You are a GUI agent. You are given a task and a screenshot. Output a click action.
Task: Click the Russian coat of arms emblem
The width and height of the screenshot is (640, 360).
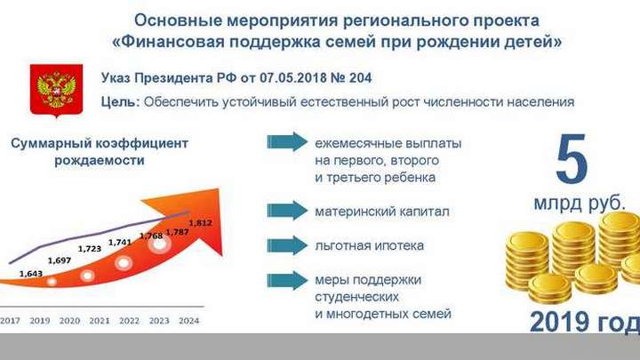[56, 91]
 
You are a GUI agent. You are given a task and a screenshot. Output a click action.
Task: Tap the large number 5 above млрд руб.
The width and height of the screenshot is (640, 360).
[572, 158]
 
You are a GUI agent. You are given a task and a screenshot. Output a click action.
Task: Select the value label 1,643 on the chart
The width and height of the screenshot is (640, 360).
[31, 274]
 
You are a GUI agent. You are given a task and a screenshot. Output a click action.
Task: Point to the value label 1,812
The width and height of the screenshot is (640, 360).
[200, 223]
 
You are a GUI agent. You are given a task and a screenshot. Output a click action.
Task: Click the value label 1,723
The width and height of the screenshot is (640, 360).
[90, 249]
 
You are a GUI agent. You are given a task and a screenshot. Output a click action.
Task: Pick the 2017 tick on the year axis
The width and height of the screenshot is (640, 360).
[10, 321]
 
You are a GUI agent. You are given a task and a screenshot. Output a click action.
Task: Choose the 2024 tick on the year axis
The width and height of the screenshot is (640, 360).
[189, 321]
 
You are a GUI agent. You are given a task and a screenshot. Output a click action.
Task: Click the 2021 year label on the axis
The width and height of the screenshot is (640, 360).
[100, 321]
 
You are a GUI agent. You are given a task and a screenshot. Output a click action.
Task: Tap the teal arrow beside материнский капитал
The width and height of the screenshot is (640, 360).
[287, 211]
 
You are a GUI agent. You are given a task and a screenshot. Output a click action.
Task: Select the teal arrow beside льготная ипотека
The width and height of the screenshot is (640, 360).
[287, 245]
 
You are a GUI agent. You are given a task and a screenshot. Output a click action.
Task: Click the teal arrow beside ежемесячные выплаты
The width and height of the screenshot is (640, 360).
[287, 142]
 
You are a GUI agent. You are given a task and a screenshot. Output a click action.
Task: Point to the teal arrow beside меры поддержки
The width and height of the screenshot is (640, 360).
[287, 280]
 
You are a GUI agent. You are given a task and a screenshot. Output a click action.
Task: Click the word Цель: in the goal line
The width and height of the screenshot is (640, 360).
[120, 101]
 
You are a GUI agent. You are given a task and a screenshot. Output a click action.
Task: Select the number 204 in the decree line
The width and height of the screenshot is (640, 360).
[360, 77]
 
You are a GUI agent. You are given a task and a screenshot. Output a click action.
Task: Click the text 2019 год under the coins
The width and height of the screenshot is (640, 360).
[585, 322]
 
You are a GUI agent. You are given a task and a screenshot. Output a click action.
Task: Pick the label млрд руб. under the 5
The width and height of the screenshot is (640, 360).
[580, 203]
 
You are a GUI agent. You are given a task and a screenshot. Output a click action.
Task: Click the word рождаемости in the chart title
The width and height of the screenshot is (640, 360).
[100, 160]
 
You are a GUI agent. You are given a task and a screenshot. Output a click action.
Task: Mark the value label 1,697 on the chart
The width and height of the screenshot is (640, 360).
[60, 260]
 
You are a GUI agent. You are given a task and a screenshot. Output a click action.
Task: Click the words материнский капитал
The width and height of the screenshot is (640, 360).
[382, 212]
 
